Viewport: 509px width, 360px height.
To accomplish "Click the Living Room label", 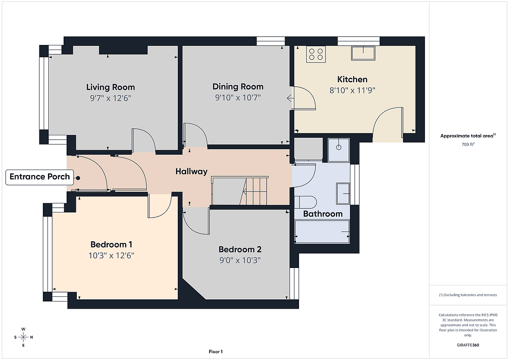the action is pos(110,87).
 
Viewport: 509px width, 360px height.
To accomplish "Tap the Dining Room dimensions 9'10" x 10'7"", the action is pos(238,98).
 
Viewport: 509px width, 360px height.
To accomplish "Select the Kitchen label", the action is pos(352,79).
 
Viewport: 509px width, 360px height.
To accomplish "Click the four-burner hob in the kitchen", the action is pos(316,54).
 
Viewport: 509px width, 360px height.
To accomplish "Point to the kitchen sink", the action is pos(363,53).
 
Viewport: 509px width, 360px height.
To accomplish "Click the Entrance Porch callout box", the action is pos(39,177).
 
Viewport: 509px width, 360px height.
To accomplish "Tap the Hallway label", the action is pos(191,171).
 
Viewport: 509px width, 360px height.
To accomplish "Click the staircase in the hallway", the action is pos(240,191).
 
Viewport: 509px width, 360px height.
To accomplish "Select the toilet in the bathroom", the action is pos(305,202).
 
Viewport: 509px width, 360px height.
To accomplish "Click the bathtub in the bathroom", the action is pos(322,232).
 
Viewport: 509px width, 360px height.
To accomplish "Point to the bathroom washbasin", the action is pos(343,193).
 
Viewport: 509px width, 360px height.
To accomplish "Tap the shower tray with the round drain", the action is pos(338,150).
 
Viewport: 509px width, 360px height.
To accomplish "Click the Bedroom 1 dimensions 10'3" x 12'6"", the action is pos(111,256).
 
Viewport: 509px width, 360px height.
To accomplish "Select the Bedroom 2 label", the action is pos(240,249).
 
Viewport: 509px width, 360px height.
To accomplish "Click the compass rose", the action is pos(23,337).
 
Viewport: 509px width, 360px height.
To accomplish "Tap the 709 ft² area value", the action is pos(468,144).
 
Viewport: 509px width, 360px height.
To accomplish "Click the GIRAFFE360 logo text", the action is pos(468,345).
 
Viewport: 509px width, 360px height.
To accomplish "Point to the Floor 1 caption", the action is pos(215,352).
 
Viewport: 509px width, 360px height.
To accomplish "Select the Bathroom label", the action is pos(323,214).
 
